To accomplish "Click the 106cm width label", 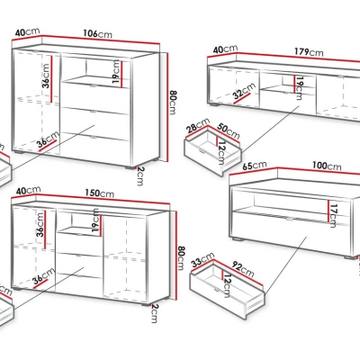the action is (97, 33).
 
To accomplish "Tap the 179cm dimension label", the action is (309, 52).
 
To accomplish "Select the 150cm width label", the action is (100, 193).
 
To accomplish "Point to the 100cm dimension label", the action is (327, 166).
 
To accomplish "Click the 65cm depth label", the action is (255, 166).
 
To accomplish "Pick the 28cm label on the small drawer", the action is (198, 125).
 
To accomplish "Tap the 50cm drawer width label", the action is (229, 130).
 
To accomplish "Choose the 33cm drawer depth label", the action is (203, 259).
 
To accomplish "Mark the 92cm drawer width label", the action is (243, 269).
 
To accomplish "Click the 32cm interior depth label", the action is (245, 91).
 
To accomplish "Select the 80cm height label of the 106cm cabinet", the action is (173, 103).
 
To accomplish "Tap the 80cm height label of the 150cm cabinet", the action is (181, 258).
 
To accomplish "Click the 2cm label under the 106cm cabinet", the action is (140, 176).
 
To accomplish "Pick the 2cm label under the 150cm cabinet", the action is (154, 313).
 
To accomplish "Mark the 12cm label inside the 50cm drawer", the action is (221, 153).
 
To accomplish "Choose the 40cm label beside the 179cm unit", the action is (225, 49).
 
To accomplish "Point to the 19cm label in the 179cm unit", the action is (300, 88).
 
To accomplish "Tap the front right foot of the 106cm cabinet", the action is (130, 167).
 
